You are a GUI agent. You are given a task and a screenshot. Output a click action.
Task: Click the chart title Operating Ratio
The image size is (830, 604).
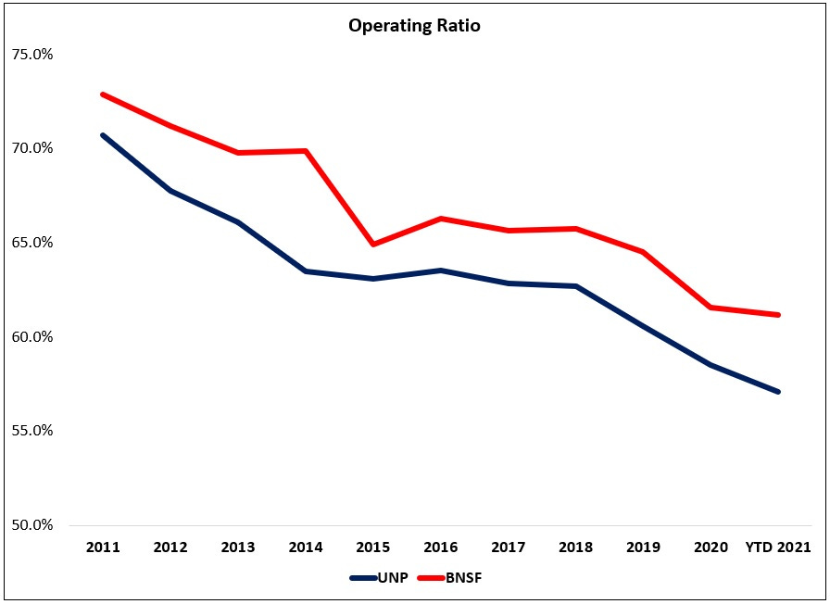coord(414,26)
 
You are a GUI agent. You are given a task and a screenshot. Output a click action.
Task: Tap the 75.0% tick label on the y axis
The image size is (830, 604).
coord(31,54)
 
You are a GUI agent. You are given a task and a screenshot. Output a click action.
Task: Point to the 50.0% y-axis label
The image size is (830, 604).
coord(31,525)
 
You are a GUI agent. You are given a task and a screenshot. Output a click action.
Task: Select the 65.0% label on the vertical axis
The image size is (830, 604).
coord(31,243)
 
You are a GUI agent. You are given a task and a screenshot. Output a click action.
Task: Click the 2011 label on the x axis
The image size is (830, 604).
coord(103,547)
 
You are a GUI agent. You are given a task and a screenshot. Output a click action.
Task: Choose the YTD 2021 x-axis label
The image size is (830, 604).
coord(778,547)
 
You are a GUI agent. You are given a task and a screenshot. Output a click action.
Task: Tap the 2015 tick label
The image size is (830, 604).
coord(373,547)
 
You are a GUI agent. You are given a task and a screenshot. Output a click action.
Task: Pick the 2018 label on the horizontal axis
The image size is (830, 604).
coord(576,547)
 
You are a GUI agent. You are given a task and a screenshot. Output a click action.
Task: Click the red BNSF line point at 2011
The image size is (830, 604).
coord(103,94)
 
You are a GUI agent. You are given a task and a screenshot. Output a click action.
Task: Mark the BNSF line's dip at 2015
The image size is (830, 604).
coord(373,245)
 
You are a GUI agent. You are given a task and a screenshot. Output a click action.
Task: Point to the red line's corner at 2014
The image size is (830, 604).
coord(306,151)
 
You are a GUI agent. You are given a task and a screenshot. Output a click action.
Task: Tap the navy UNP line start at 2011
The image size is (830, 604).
coord(103,135)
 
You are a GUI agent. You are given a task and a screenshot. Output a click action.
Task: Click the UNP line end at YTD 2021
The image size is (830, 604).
coord(778,392)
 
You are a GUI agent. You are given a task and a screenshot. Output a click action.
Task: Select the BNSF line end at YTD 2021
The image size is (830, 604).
coord(778,315)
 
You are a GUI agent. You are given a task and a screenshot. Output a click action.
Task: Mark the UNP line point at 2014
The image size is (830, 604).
coord(306,271)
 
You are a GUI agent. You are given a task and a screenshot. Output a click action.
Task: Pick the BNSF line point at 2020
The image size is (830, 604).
coord(711,308)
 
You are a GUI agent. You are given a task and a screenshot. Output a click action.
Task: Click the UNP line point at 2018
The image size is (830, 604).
coord(576,286)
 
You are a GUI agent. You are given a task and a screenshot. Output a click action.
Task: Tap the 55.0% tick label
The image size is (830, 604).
coord(31,431)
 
